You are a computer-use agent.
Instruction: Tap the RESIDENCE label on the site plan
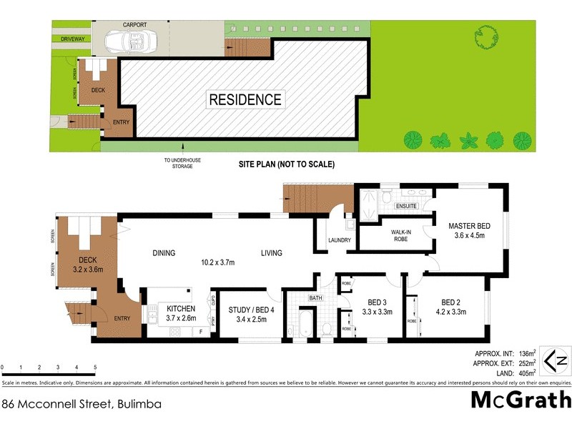click(245, 99)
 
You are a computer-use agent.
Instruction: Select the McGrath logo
click(521, 400)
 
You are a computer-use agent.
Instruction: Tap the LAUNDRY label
click(340, 240)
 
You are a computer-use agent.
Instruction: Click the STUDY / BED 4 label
click(248, 314)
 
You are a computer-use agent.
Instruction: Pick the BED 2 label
click(455, 307)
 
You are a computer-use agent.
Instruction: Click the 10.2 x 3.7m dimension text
click(218, 263)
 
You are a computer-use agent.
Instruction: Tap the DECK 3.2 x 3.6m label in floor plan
click(88, 265)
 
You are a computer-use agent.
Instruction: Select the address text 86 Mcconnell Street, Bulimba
click(82, 404)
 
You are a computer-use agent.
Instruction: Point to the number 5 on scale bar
click(95, 368)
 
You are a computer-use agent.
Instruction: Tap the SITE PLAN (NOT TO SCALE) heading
click(286, 164)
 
